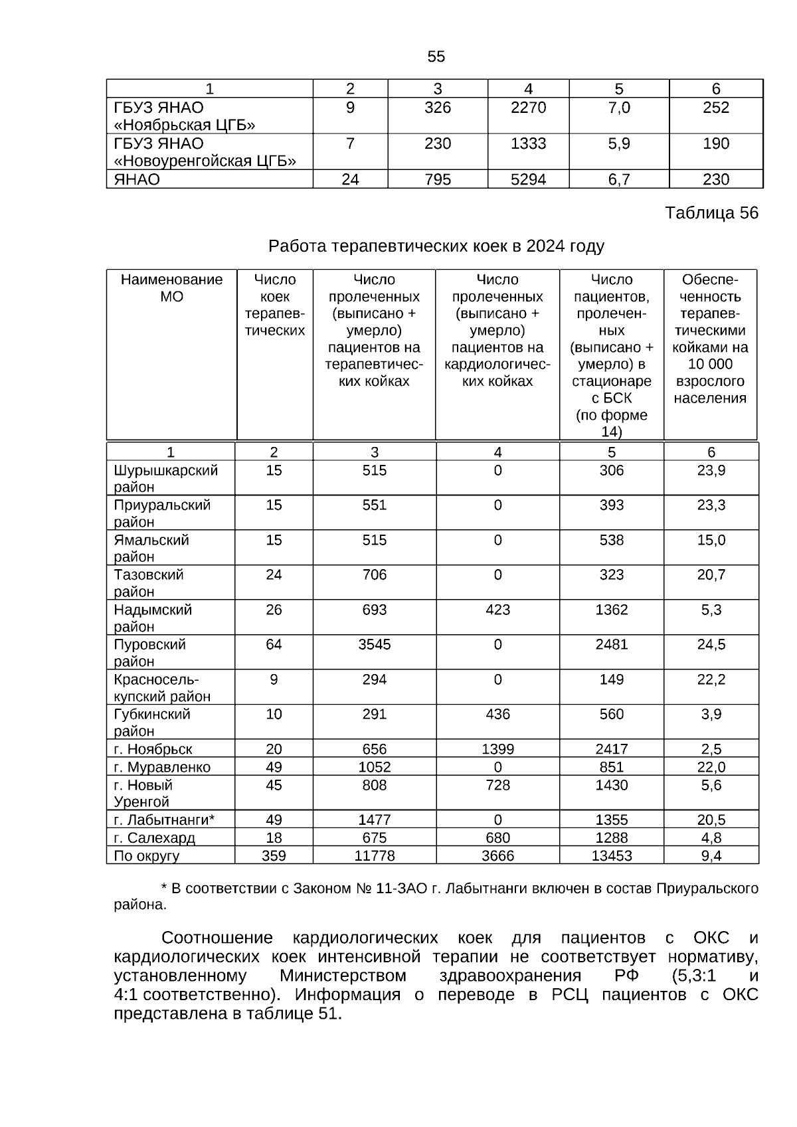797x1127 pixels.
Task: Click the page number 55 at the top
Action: tap(436, 57)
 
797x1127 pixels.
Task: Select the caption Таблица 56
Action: tap(711, 213)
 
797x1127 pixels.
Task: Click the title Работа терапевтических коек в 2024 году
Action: tap(436, 246)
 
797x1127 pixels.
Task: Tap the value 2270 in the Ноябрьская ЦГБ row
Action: tap(528, 108)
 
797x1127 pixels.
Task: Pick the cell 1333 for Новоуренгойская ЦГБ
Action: tap(528, 144)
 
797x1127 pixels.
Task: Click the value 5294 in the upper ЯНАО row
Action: tap(528, 180)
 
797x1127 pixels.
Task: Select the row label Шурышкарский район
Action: tap(165, 478)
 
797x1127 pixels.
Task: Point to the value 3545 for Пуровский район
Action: tap(375, 644)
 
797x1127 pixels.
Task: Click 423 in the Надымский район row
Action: tap(497, 610)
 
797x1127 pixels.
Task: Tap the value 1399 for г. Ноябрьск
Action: tap(497, 749)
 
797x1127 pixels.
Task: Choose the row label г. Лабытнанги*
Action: tap(163, 820)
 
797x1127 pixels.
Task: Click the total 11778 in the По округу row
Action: tap(375, 856)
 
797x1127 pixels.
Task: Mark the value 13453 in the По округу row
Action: tap(611, 856)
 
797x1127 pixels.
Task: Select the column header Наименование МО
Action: tap(171, 288)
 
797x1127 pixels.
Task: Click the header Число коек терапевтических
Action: tap(274, 305)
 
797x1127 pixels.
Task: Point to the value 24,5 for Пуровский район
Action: tap(711, 644)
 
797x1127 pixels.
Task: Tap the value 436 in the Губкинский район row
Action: tap(497, 714)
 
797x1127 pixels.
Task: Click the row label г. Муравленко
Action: tap(162, 768)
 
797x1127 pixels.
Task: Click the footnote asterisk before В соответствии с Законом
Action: tap(164, 887)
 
